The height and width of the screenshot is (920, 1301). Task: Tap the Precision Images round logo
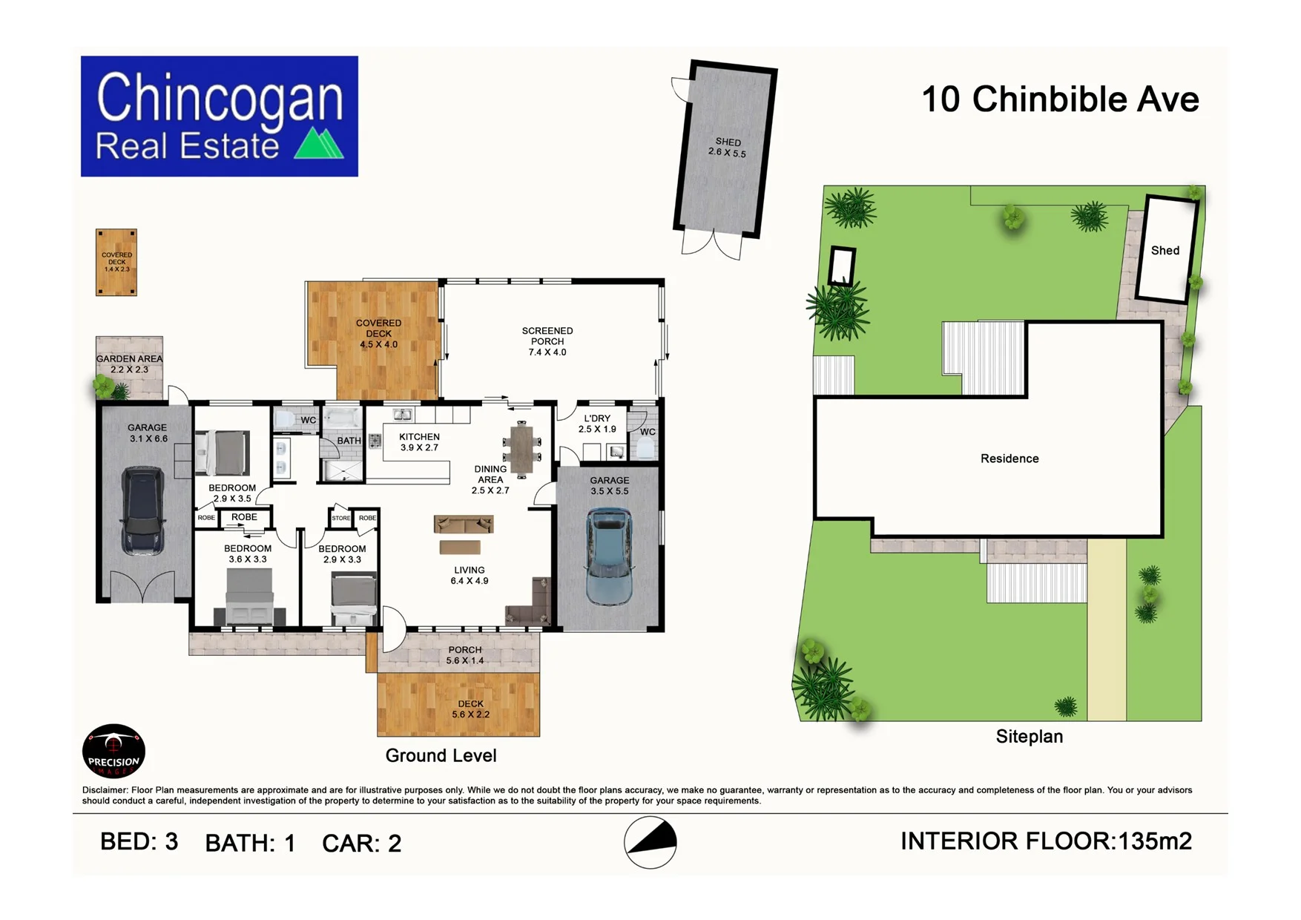[113, 751]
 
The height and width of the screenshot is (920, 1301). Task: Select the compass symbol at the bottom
[650, 842]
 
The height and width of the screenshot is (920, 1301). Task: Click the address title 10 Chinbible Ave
[1060, 99]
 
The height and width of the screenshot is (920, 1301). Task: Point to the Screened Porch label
[547, 341]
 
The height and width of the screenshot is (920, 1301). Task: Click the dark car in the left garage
[143, 510]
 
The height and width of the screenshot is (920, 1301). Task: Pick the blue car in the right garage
[609, 556]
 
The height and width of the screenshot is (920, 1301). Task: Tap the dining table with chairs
[522, 450]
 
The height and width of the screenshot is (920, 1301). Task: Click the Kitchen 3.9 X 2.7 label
[419, 442]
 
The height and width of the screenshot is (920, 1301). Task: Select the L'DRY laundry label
[597, 424]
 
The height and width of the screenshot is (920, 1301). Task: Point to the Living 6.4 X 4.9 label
[470, 575]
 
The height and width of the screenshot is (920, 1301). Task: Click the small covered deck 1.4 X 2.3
[116, 262]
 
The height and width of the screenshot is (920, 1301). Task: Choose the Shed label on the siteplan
[1165, 251]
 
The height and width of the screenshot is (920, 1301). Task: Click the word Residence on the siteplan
[1009, 459]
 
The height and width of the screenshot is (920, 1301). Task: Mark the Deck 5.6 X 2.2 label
[470, 709]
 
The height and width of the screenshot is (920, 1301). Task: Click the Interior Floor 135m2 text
[1046, 841]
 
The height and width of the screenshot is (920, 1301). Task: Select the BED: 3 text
[139, 842]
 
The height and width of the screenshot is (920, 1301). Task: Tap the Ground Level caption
[441, 756]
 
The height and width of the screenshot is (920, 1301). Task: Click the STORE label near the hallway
[340, 518]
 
